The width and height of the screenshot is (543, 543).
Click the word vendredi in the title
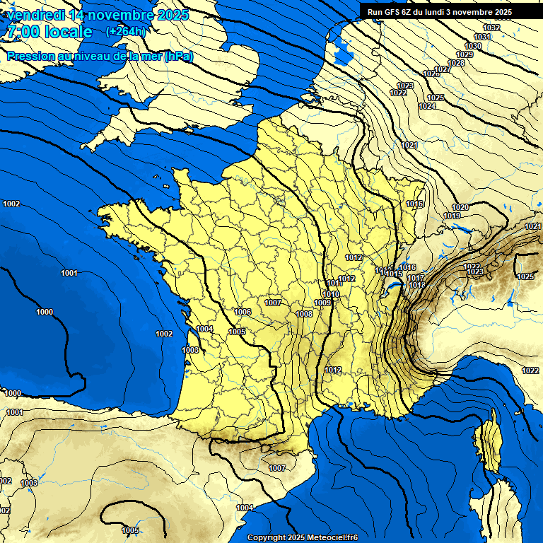click(36, 15)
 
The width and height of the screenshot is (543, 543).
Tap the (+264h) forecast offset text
click(126, 31)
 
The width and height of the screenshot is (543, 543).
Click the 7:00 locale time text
click(49, 32)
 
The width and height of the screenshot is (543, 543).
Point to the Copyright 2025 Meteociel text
click(303, 537)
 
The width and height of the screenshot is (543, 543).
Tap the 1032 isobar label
click(491, 28)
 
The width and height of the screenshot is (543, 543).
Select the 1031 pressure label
click(482, 37)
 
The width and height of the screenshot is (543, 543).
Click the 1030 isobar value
click(473, 46)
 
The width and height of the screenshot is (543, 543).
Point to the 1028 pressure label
click(457, 63)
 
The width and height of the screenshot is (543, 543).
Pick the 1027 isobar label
click(443, 69)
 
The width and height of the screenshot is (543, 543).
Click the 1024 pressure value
click(427, 106)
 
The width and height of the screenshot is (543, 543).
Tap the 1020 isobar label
click(460, 207)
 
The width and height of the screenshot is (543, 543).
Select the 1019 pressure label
click(452, 216)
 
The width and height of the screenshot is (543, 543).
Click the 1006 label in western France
click(243, 312)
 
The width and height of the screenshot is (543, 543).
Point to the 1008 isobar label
click(304, 314)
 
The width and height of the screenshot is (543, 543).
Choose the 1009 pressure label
click(322, 303)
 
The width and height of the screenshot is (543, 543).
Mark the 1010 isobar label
click(331, 294)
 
